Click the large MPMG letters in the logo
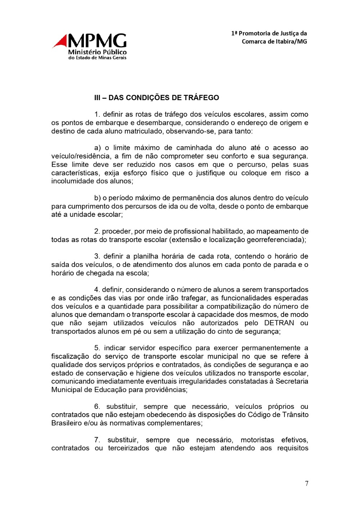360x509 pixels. (x=97, y=41)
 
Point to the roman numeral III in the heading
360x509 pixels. (x=97, y=98)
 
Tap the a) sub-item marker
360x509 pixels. (x=97, y=148)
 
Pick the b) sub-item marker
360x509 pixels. (x=97, y=198)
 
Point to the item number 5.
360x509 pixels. (x=97, y=348)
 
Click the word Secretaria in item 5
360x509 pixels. (x=292, y=381)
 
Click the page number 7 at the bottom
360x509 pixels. (x=306, y=484)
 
